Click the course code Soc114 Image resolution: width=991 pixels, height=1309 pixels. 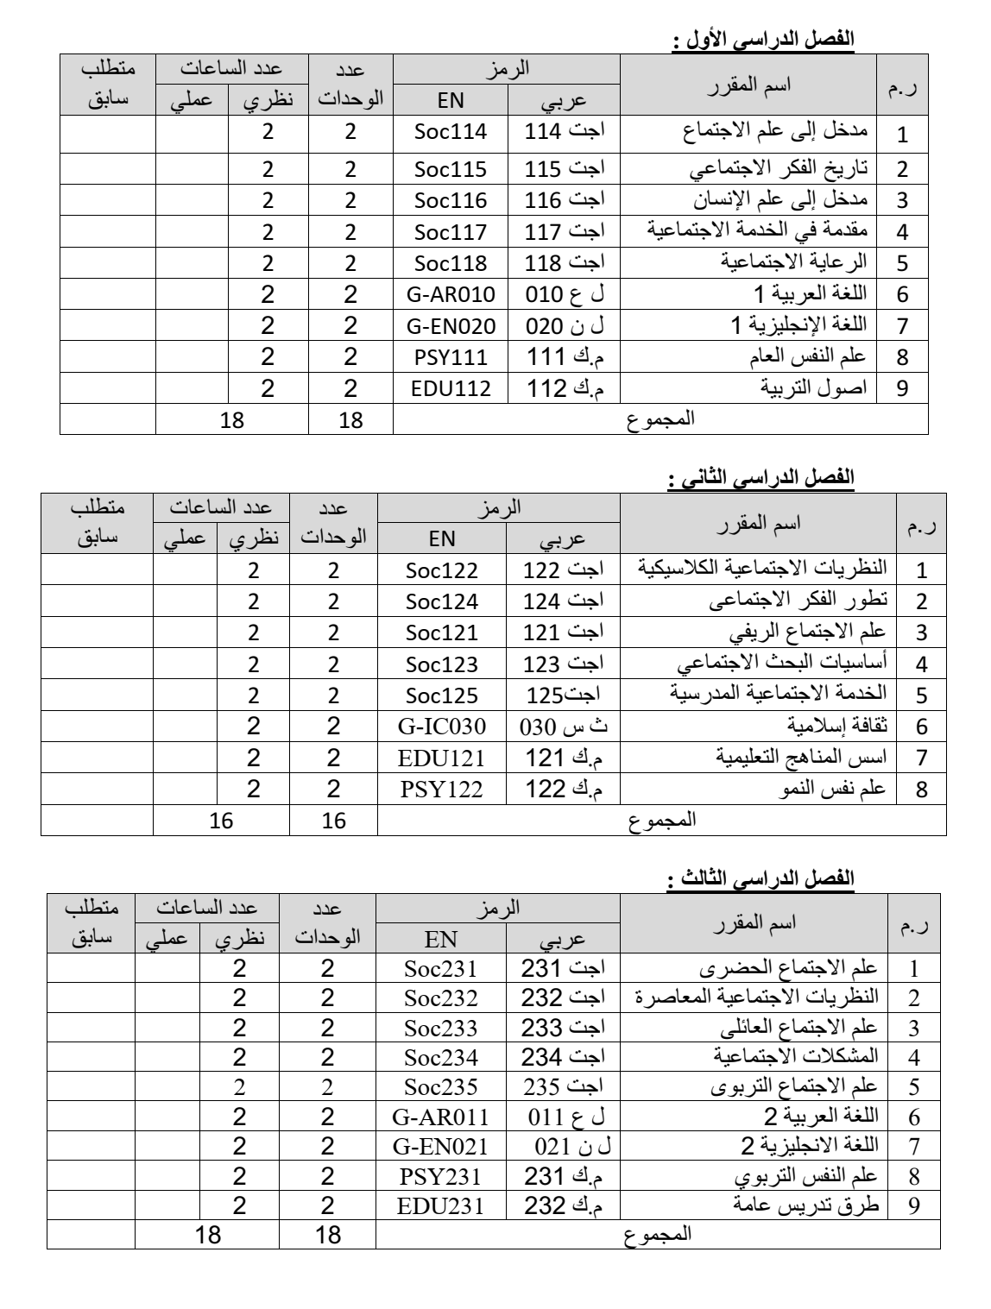pos(450,133)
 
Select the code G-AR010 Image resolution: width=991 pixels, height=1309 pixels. pos(450,295)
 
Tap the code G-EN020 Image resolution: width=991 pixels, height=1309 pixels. pos(450,326)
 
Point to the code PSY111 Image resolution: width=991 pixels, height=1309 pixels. pos(450,357)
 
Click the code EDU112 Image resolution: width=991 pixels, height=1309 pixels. pos(450,388)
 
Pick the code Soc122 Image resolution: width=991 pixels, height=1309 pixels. pos(442,570)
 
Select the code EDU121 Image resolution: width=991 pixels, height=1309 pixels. pos(442,758)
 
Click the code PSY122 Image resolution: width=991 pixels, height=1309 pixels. pos(442,789)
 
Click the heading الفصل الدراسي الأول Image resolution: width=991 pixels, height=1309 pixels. pos(762,39)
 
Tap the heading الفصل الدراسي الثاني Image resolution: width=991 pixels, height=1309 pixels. pos(762,476)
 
